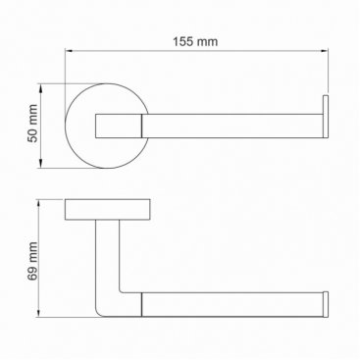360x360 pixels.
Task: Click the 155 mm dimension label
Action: (195, 42)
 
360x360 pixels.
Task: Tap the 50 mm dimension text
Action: (33, 124)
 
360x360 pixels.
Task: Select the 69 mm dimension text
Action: (33, 261)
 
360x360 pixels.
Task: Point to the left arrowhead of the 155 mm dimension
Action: (69, 51)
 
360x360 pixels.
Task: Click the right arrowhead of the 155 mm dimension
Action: (325, 51)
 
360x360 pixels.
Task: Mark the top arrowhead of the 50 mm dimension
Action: (40, 87)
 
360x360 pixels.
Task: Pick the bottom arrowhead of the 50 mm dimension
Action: (40, 164)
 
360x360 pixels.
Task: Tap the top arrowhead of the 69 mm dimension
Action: (39, 203)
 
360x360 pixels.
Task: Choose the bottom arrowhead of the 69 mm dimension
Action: (39, 313)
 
